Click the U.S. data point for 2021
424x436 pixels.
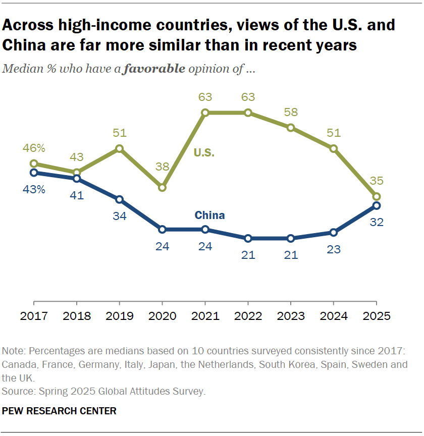coord(205,113)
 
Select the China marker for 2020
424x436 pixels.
coord(162,229)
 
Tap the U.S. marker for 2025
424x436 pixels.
coord(376,196)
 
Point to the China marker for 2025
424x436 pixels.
coord(376,205)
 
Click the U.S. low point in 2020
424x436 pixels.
coord(162,187)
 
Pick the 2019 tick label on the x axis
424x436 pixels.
coord(119,316)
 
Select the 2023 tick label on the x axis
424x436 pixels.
coord(290,316)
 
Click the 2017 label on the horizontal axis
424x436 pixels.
coord(34,316)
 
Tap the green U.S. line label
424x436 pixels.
coord(205,152)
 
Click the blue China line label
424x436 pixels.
coord(209,215)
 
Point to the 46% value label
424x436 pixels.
coord(34,148)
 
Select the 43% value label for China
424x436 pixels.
coord(34,190)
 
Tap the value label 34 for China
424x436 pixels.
coord(119,216)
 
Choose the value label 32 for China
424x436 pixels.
coord(376,222)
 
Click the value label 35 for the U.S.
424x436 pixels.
coord(376,180)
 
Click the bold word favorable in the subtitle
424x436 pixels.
coord(154,69)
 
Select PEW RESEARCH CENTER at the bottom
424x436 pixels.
coord(59,411)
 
